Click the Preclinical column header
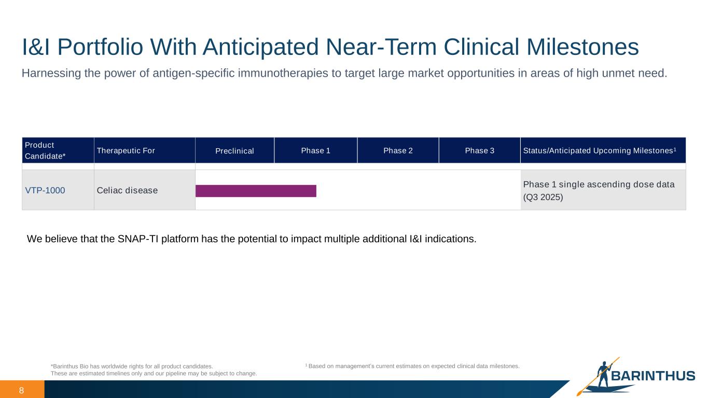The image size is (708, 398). (234, 151)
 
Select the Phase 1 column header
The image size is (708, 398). (316, 151)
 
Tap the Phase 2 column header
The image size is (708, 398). (398, 151)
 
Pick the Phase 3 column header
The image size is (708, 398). (479, 151)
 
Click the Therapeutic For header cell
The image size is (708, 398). (144, 151)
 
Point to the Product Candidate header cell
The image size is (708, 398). (58, 151)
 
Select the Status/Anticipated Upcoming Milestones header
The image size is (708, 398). (603, 151)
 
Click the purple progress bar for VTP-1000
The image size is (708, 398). (256, 191)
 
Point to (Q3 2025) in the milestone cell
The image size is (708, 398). (543, 197)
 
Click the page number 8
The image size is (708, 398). (21, 390)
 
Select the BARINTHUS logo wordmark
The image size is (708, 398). (653, 376)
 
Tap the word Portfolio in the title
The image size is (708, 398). (100, 47)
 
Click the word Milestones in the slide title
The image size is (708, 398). (582, 47)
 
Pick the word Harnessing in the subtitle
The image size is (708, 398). (51, 73)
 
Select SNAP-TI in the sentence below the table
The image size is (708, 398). (138, 239)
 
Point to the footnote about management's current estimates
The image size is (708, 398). (412, 366)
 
